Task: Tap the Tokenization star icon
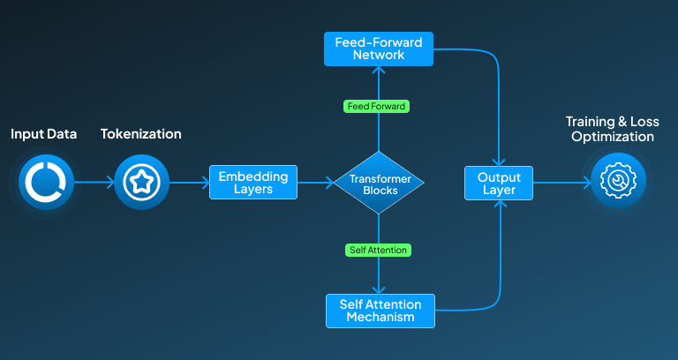tap(141, 183)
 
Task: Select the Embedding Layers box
tap(253, 183)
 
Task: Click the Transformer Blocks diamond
tap(379, 184)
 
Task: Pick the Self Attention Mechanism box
tap(380, 311)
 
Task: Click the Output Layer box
tap(500, 183)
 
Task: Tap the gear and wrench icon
tap(618, 181)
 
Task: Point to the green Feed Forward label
tap(377, 107)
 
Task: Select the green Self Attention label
tap(378, 251)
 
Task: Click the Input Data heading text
tap(43, 134)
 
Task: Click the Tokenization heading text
tap(140, 134)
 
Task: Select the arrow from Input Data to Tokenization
tap(93, 184)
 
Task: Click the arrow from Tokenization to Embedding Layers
tap(188, 184)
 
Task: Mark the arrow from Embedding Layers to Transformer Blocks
tap(316, 184)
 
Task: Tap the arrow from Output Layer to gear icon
tap(561, 184)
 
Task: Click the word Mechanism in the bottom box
tap(380, 317)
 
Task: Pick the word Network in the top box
tap(379, 55)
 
